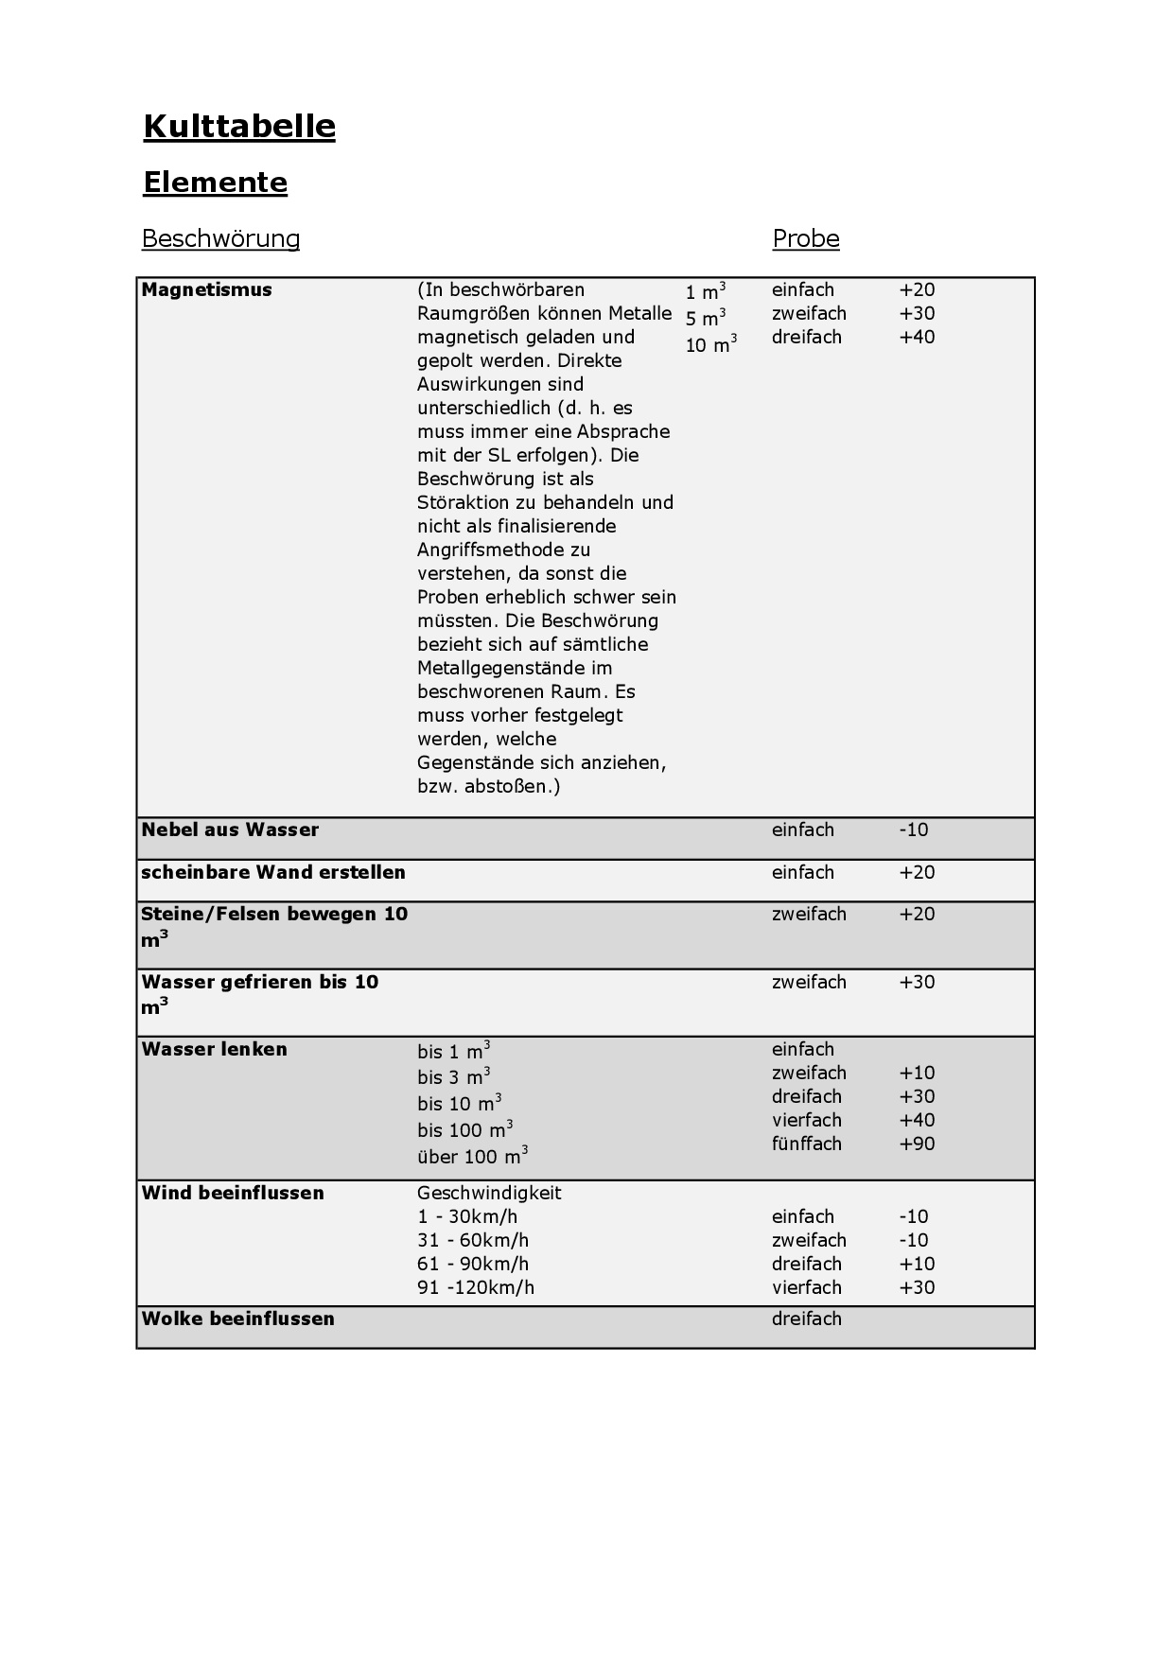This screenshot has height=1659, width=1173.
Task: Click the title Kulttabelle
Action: pos(239,127)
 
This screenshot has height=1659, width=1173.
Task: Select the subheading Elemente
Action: pos(215,183)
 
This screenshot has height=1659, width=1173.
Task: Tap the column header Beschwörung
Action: pos(220,238)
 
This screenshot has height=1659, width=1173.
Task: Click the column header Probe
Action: pos(805,238)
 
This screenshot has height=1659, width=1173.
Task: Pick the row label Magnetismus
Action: pos(206,290)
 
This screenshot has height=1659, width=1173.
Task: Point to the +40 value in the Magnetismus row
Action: pos(917,338)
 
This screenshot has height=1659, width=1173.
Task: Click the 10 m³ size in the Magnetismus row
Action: pos(710,344)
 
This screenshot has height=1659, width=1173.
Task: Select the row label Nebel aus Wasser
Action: pos(230,830)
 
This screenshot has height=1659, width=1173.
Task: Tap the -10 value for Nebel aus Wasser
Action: pos(914,830)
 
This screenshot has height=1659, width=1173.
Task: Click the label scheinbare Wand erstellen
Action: pos(272,873)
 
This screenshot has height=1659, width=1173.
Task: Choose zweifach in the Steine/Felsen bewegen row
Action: pos(809,915)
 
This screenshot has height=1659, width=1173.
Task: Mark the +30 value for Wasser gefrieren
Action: pos(917,983)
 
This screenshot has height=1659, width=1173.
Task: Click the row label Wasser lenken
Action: pos(214,1050)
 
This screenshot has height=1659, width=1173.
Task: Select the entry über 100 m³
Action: pos(472,1156)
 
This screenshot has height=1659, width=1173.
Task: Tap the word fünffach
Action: pos(806,1144)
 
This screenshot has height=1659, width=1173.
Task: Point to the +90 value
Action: pos(917,1144)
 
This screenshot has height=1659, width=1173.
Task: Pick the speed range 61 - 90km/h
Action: pos(473,1265)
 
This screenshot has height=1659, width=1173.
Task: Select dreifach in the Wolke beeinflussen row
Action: pos(806,1319)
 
